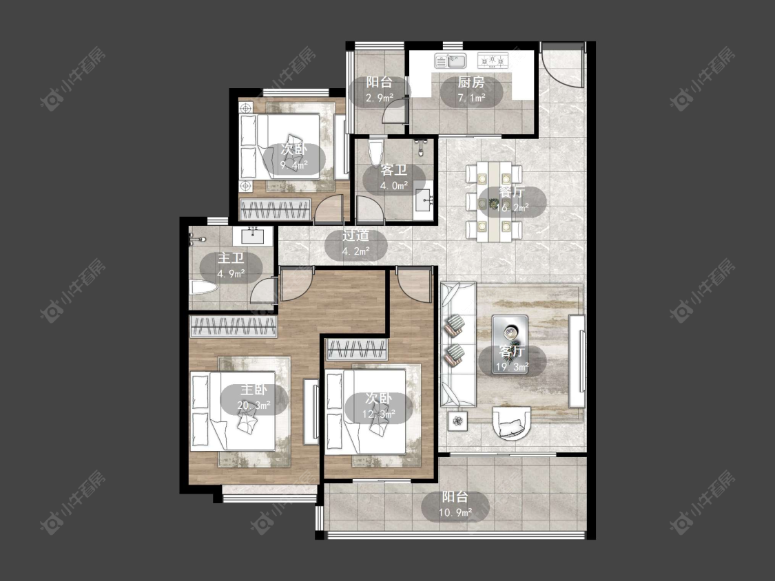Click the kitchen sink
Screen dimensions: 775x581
pos(451,61)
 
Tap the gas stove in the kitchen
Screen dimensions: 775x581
pos(493,61)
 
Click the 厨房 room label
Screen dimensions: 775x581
pos(471,83)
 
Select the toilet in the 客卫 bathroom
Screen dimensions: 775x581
pos(375,153)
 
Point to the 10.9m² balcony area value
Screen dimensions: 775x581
pos(455,513)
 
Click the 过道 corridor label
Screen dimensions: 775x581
pos(356,235)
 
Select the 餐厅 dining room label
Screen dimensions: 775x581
pos(512,191)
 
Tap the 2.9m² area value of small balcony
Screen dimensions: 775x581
pos(379,98)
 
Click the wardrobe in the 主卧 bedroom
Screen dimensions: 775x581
pos(234,326)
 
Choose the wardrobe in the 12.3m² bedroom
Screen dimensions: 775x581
pos(357,350)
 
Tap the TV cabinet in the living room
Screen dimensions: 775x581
pos(577,361)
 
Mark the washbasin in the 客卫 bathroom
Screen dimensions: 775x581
pos(424,200)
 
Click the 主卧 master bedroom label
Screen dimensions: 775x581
pos(254,390)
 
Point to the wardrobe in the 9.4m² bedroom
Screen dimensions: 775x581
pos(275,209)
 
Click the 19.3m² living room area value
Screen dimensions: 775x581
pos(512,367)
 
